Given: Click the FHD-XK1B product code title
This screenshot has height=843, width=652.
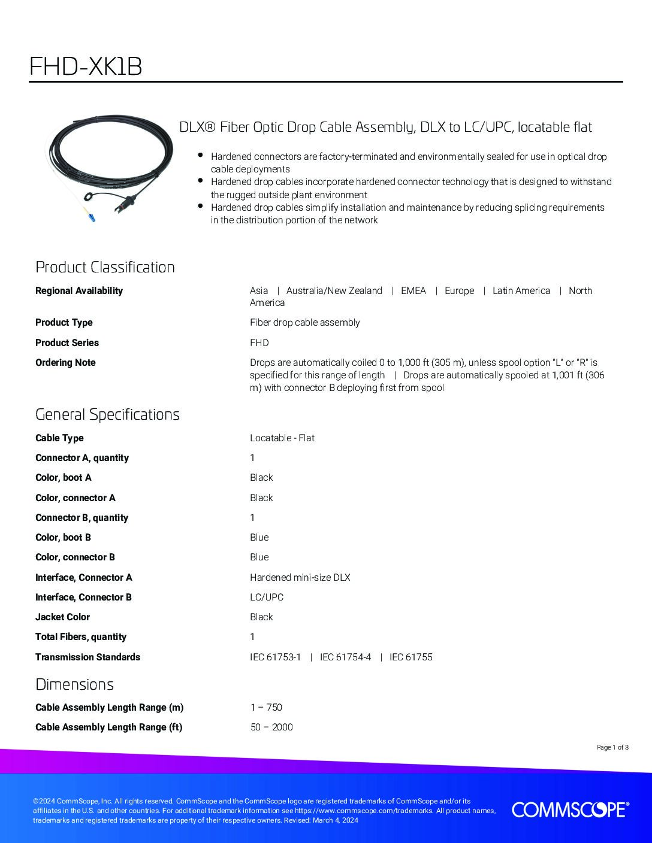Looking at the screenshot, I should pyautogui.click(x=86, y=67).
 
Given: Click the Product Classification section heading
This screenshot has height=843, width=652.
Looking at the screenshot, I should pyautogui.click(x=105, y=267).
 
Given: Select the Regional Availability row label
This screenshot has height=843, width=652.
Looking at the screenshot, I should pyautogui.click(x=79, y=291).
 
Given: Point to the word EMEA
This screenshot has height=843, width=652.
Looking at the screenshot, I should pyautogui.click(x=413, y=291).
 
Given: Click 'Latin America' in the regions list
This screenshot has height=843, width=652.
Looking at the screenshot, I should pyautogui.click(x=521, y=291).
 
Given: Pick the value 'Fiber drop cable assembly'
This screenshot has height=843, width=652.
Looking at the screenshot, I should pyautogui.click(x=304, y=323).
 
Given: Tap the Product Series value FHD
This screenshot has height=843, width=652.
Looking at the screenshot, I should pyautogui.click(x=259, y=343).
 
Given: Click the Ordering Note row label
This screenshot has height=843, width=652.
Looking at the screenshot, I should pyautogui.click(x=65, y=363).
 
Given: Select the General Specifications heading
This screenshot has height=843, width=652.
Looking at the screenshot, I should pyautogui.click(x=107, y=414).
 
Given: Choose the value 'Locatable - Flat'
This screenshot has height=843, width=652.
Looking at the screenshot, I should pyautogui.click(x=282, y=438).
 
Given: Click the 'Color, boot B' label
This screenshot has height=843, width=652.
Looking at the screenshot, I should pyautogui.click(x=63, y=538).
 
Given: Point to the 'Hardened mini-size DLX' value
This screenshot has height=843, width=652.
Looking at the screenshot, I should pyautogui.click(x=300, y=578).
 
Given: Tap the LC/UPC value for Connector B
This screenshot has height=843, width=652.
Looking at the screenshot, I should pyautogui.click(x=266, y=598).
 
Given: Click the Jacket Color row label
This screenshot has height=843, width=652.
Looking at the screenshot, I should pyautogui.click(x=62, y=617).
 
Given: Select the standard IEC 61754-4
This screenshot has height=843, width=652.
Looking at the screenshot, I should pyautogui.click(x=345, y=657).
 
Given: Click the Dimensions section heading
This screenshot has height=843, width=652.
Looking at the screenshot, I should pyautogui.click(x=74, y=684).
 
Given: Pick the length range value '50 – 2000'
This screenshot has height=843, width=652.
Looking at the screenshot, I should pyautogui.click(x=271, y=727).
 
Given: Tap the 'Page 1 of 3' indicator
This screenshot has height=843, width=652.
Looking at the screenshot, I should pyautogui.click(x=612, y=747).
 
